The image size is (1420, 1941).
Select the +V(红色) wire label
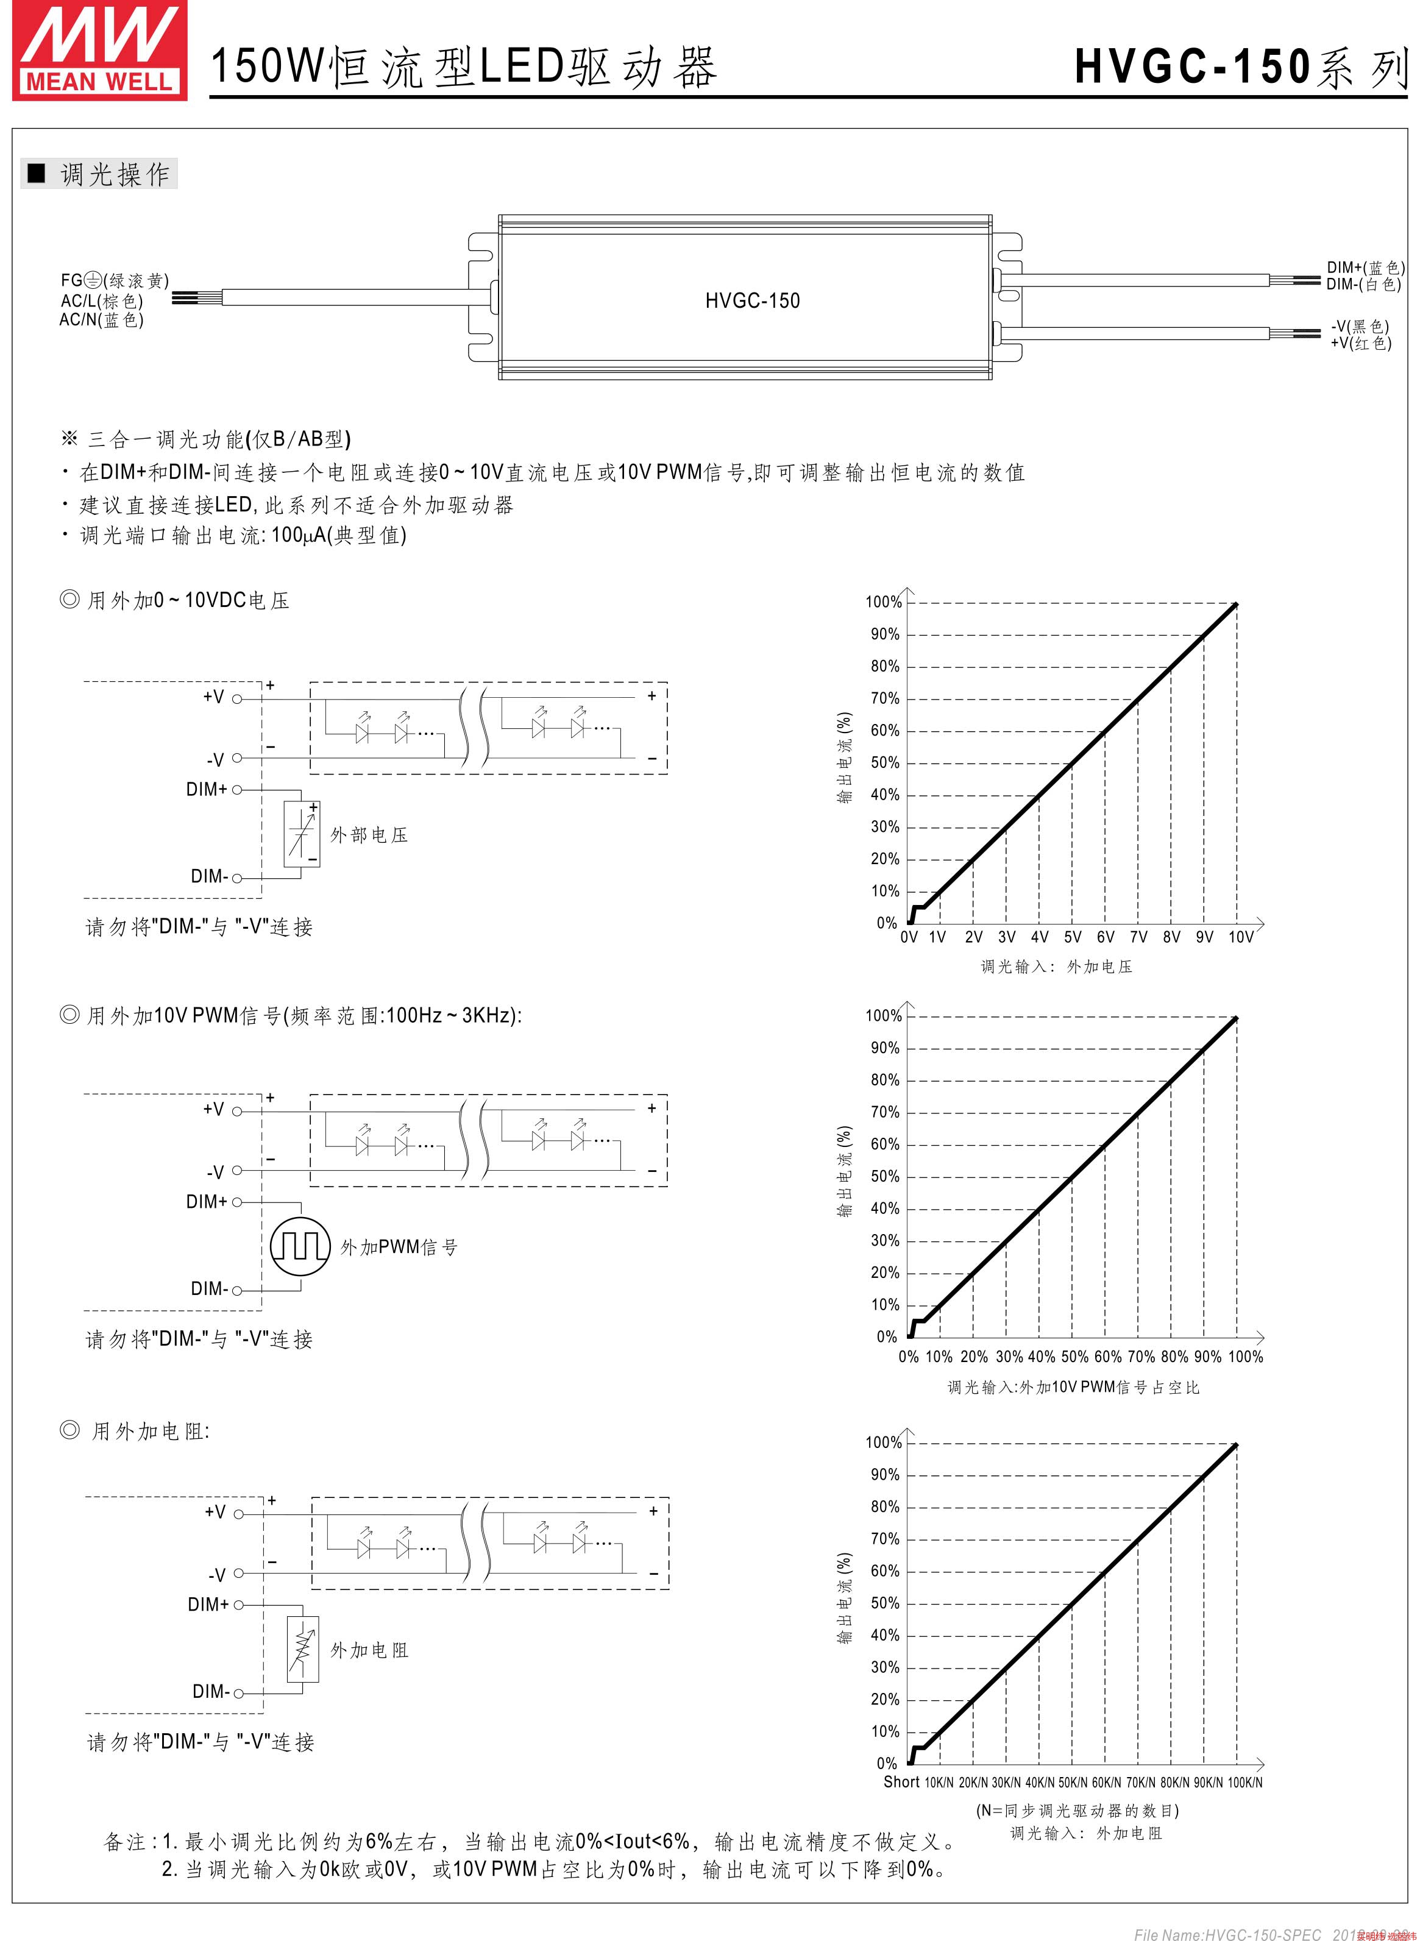click(x=1361, y=344)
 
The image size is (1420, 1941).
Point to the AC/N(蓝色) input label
click(x=101, y=320)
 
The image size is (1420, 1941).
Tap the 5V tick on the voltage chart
click(x=1072, y=937)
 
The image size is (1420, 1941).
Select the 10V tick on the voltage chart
click(x=1240, y=937)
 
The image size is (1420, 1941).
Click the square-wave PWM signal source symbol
click(x=300, y=1246)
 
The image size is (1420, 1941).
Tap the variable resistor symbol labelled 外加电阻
click(x=302, y=1648)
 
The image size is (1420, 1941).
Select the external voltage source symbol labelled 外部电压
click(x=302, y=834)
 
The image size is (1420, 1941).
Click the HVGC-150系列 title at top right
click(x=1240, y=67)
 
